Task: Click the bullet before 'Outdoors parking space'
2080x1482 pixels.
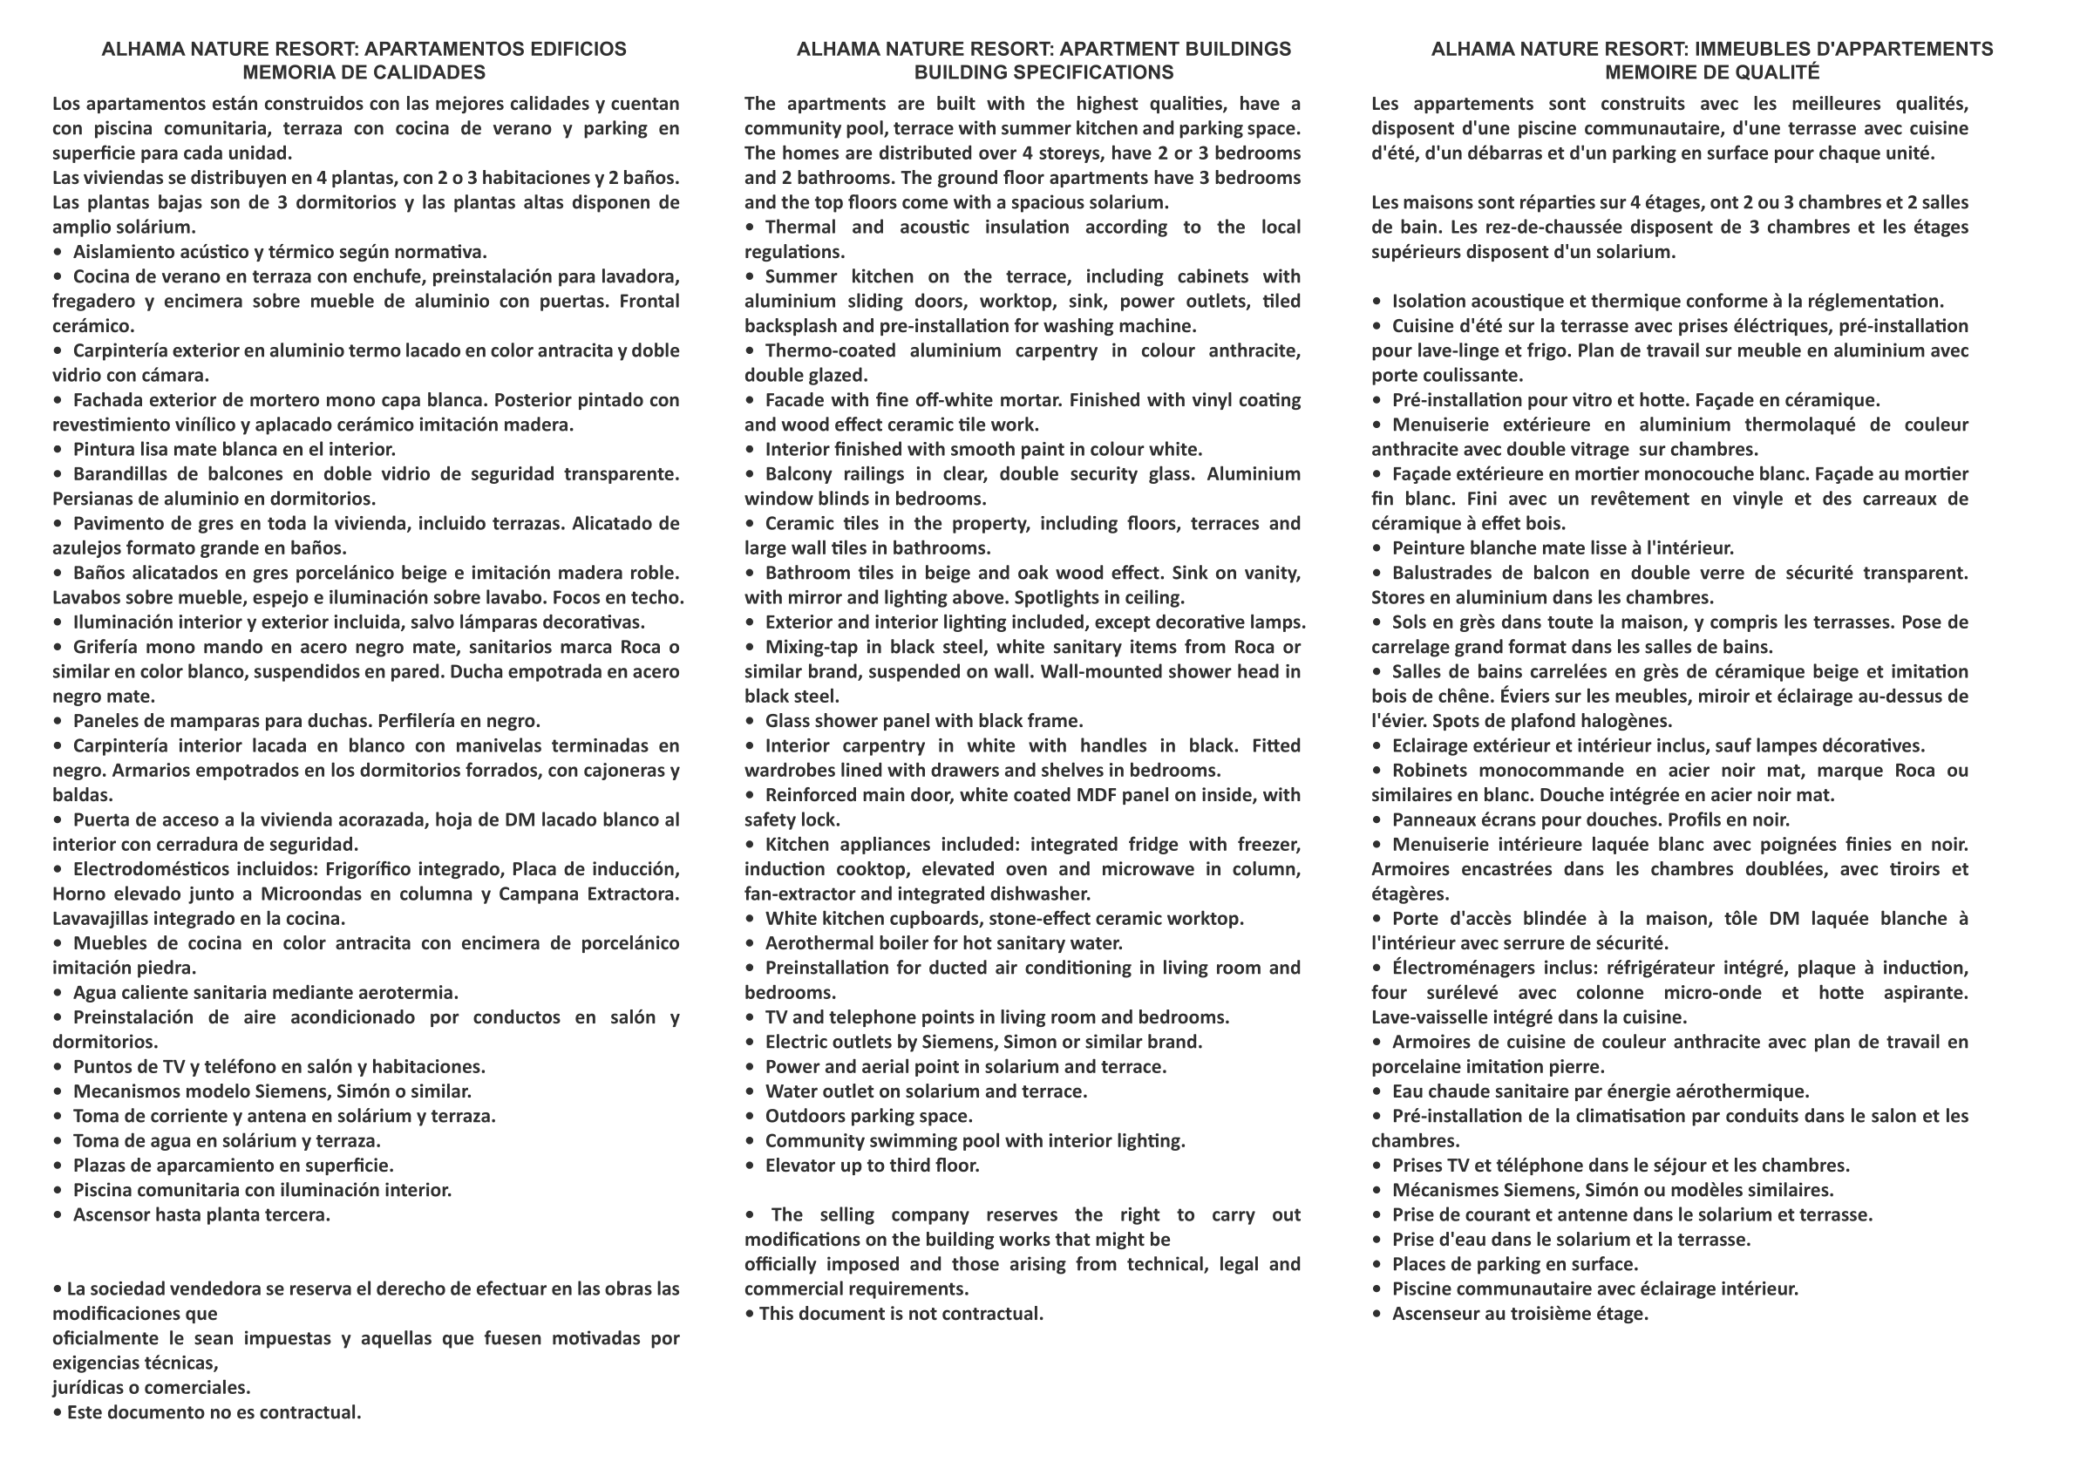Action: click(x=750, y=1116)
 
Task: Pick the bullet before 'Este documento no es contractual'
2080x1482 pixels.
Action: click(x=58, y=1411)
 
